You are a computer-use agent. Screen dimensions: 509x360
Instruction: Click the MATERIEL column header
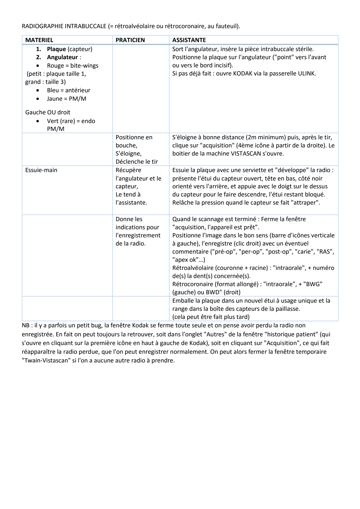click(x=39, y=40)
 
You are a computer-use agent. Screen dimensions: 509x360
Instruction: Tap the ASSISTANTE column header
click(x=189, y=40)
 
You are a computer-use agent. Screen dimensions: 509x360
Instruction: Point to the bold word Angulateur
click(x=62, y=57)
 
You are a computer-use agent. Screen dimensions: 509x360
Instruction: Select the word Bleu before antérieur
click(x=53, y=90)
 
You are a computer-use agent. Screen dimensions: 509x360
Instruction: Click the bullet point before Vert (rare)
click(x=39, y=121)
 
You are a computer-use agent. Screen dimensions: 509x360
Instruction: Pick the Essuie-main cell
click(x=41, y=170)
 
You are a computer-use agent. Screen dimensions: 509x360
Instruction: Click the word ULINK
click(x=306, y=73)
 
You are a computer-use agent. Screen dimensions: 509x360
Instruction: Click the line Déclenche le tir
click(x=136, y=162)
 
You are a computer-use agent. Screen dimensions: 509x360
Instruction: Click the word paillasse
click(x=287, y=309)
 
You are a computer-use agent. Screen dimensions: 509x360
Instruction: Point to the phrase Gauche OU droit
click(x=48, y=112)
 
